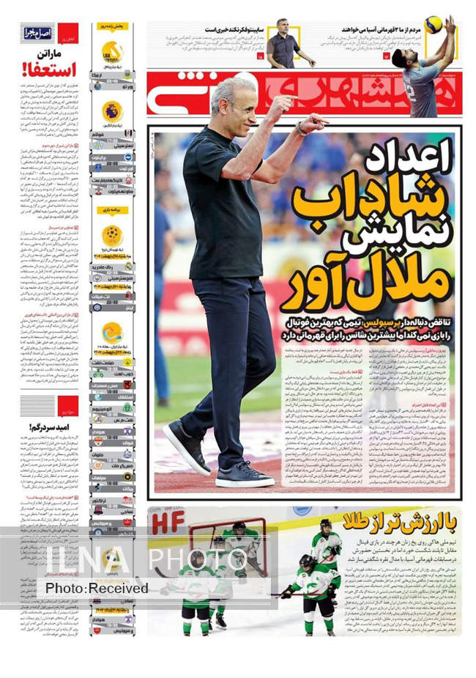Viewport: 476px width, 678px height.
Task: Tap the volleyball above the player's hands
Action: (434, 25)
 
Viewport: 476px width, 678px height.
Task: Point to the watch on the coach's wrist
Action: (300, 129)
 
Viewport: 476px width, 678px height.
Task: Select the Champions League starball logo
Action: (112, 235)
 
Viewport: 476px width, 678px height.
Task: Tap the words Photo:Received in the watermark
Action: (97, 588)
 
